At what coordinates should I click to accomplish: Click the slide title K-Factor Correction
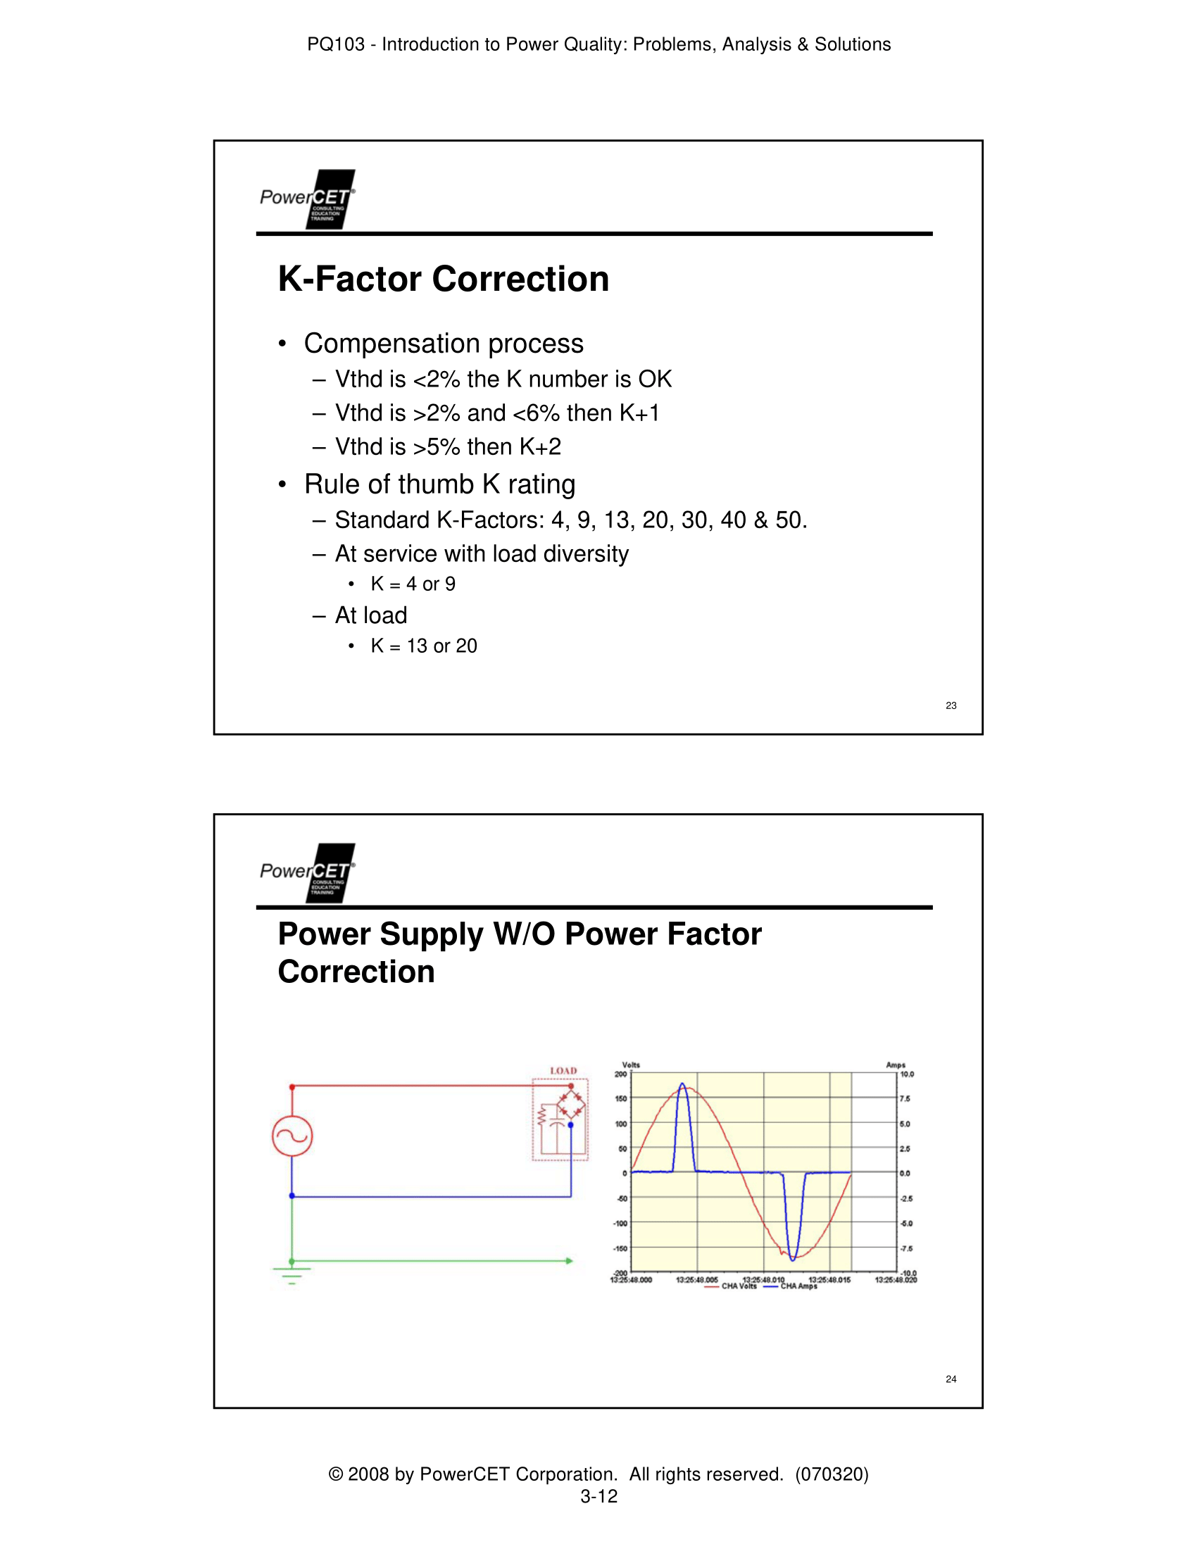tap(443, 279)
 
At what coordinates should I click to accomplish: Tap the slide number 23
tap(951, 705)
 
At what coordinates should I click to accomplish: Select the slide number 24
tap(951, 1379)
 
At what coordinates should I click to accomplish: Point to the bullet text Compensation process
tap(443, 344)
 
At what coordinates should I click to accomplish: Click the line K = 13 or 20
tap(423, 646)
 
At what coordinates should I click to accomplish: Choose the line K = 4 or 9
tap(413, 584)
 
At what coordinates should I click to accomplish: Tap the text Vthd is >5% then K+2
tap(447, 447)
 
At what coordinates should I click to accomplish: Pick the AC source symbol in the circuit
tap(292, 1136)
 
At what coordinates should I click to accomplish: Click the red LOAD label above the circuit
tap(563, 1071)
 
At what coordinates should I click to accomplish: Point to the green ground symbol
tap(292, 1274)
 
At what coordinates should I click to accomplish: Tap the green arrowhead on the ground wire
tap(569, 1261)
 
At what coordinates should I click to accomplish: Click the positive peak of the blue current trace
tap(682, 1085)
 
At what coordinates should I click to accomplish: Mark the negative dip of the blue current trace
tap(793, 1258)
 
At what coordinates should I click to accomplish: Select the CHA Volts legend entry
tap(738, 1286)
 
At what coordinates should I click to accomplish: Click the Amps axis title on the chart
tap(896, 1065)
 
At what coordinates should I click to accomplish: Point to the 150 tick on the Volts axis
tap(620, 1098)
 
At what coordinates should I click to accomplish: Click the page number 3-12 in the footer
tap(598, 1496)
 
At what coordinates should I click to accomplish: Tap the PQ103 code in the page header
tap(335, 44)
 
